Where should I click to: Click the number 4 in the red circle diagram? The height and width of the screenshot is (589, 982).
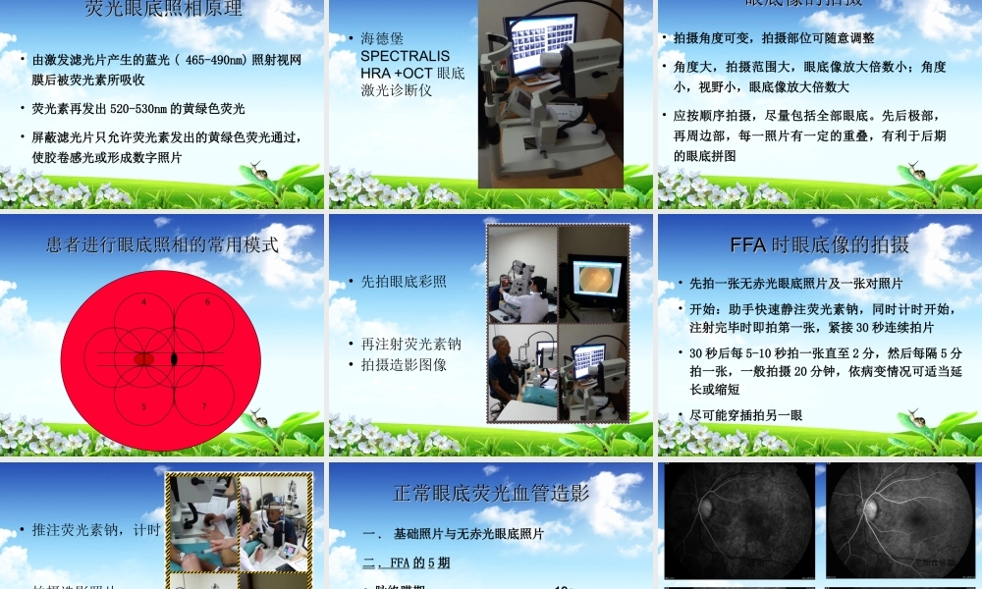pos(144,302)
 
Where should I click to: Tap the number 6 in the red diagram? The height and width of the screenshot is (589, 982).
pos(207,302)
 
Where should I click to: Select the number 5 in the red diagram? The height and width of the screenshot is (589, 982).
pos(144,405)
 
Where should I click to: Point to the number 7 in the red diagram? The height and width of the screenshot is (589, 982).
pos(204,405)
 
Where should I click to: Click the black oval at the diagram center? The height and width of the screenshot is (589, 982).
pos(175,359)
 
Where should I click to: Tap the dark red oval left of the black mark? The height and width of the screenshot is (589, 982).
pos(143,359)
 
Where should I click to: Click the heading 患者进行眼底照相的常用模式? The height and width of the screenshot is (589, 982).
pos(162,244)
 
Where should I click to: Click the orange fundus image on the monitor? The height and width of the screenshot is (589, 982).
pos(596,280)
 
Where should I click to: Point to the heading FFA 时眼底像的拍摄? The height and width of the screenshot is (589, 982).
pos(819,244)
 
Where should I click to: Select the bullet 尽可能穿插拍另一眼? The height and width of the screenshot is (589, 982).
pos(746,415)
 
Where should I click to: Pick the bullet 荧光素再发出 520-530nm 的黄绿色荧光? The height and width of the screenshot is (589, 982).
pos(138,109)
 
